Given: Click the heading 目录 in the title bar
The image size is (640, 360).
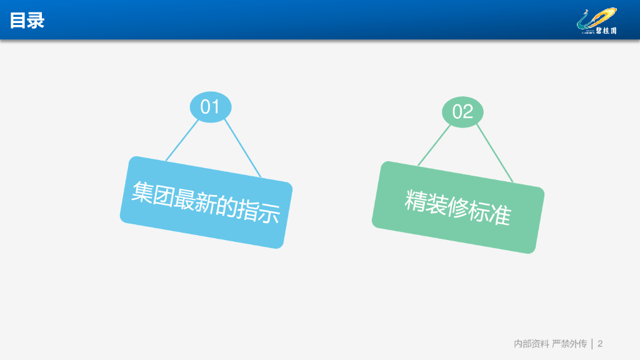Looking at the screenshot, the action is [27, 21].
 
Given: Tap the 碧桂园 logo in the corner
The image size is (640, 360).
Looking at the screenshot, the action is [597, 21].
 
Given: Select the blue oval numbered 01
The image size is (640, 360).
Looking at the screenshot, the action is [211, 107].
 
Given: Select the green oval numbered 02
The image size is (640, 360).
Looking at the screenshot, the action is [463, 112].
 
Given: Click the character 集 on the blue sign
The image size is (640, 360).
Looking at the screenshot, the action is [142, 192].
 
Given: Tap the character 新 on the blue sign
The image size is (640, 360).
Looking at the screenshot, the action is [206, 202].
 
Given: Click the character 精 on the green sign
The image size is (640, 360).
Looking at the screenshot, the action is [416, 200].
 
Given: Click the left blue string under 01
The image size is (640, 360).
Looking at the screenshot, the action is [182, 140].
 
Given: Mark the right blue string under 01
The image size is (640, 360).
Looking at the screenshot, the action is [242, 148].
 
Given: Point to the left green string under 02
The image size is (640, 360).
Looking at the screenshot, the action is [434, 145].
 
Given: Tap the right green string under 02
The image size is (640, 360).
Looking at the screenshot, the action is [495, 154].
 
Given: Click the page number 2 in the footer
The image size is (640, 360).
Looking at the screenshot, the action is [600, 344].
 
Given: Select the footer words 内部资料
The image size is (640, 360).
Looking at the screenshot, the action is [531, 344].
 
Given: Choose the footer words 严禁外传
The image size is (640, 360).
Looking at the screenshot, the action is [569, 344].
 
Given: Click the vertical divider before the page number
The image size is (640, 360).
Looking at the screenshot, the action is [592, 344].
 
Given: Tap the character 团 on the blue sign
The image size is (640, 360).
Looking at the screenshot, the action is [163, 195].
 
